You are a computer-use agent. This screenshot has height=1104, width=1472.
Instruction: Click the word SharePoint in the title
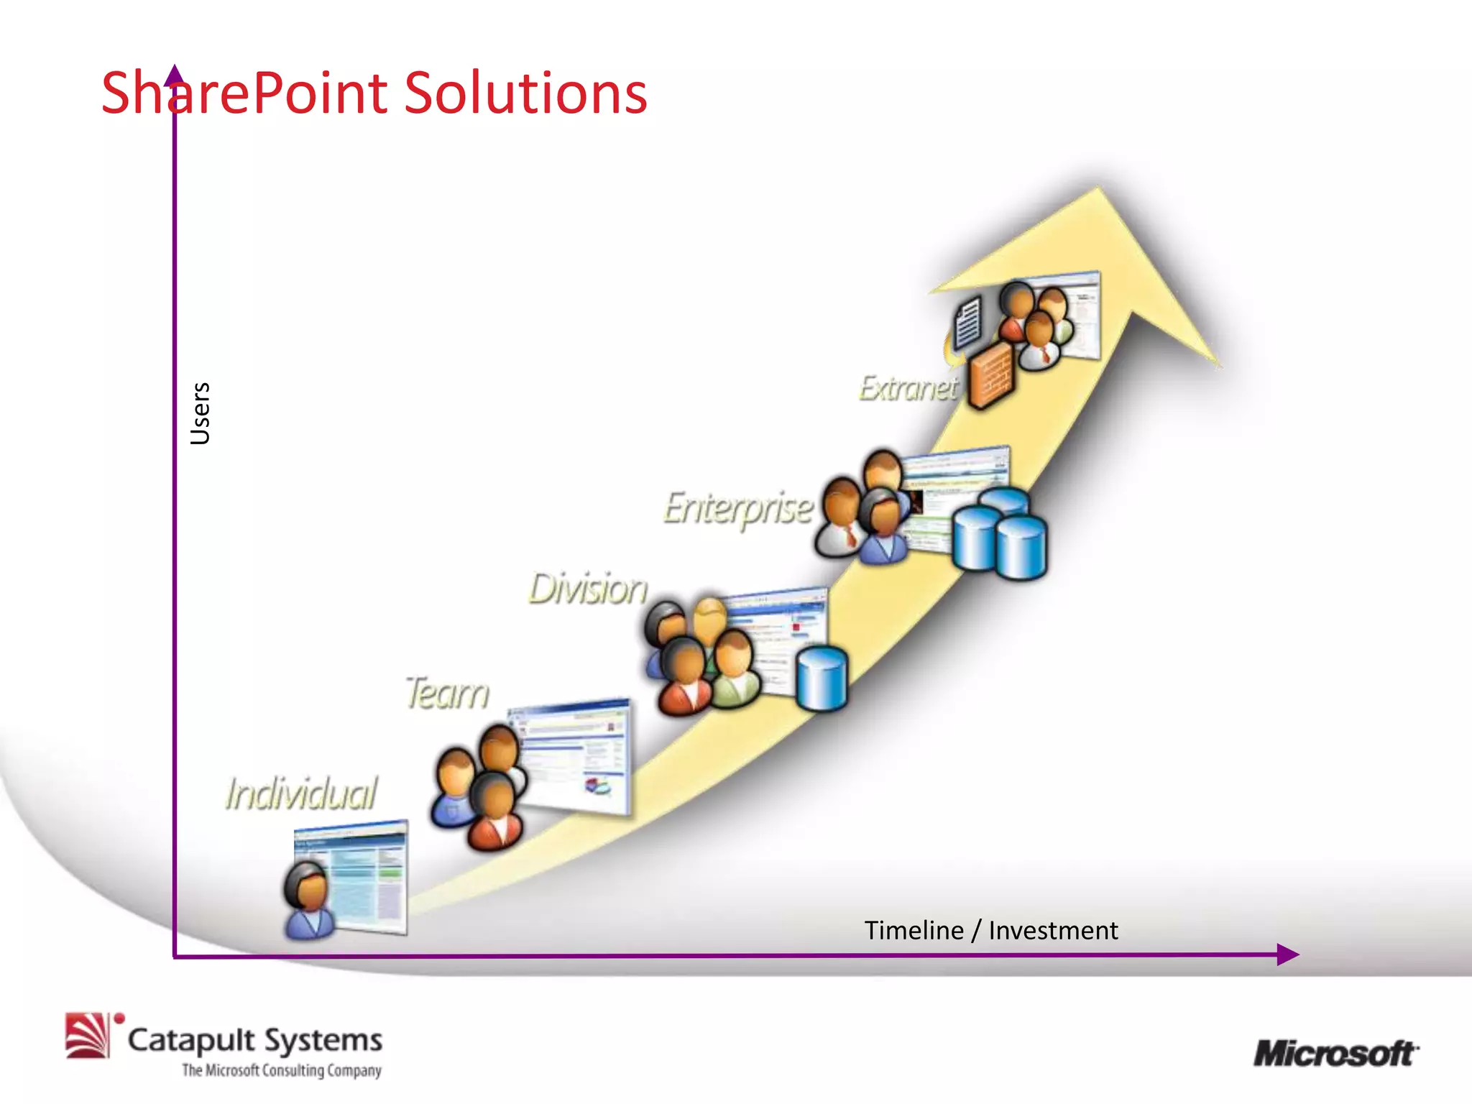[x=244, y=93]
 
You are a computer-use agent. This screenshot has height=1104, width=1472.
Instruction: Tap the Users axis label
[x=201, y=413]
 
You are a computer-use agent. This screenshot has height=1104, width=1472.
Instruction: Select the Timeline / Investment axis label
[x=990, y=930]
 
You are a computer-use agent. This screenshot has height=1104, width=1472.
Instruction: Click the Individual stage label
[x=300, y=793]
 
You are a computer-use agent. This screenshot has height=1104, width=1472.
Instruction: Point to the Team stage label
[x=447, y=694]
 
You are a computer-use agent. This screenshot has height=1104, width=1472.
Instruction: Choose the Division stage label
[x=588, y=589]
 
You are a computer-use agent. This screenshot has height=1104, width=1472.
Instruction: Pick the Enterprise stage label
[x=737, y=508]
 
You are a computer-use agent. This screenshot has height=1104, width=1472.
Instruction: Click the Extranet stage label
[x=908, y=388]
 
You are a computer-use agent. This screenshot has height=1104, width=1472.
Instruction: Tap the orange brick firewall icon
[x=990, y=374]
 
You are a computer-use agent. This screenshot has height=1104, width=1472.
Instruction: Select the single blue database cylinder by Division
[x=822, y=678]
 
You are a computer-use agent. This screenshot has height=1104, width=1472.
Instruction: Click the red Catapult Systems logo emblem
[x=88, y=1035]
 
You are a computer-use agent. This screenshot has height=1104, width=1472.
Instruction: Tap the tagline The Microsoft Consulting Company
[x=281, y=1070]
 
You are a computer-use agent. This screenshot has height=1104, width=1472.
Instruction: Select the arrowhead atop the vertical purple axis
[x=175, y=73]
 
